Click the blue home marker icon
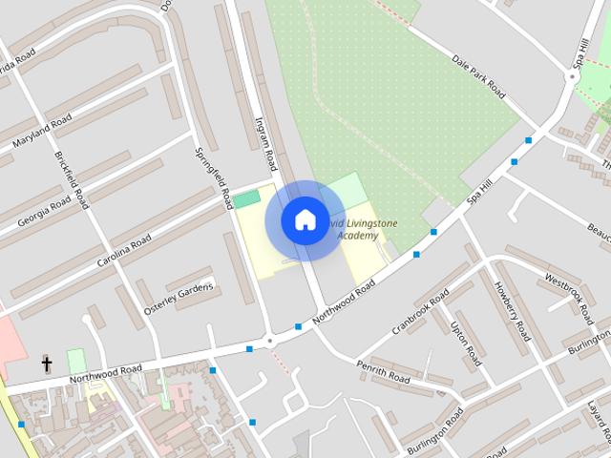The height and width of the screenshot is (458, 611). (305, 219)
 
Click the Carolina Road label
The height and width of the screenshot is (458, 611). (124, 252)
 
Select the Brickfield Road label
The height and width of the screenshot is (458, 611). (72, 180)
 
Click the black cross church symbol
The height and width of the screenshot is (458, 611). (46, 364)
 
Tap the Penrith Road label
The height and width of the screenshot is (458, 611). (383, 373)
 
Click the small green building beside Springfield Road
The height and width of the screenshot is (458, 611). (247, 198)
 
